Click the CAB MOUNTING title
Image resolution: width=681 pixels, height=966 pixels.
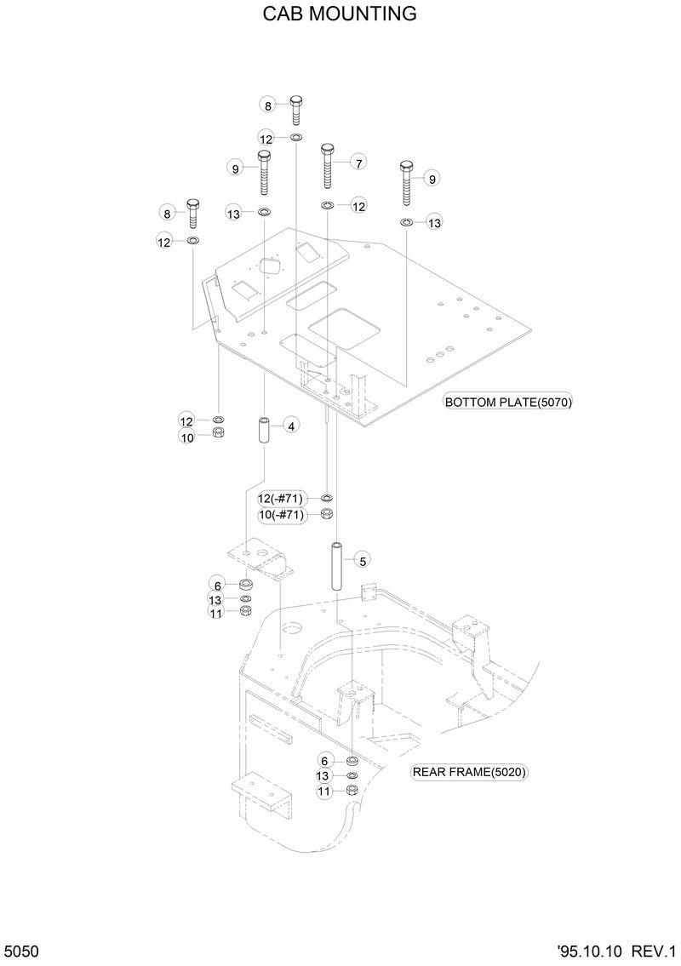pos(340,14)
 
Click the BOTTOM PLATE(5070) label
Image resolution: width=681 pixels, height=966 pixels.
pos(508,403)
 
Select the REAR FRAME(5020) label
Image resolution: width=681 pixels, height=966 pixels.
pos(469,773)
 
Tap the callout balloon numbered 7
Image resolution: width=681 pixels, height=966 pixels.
pos(358,163)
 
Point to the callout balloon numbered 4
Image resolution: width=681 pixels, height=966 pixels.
pos(290,426)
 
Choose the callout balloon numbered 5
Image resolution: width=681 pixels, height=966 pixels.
pos(362,560)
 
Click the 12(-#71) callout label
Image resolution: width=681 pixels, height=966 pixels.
pos(281,499)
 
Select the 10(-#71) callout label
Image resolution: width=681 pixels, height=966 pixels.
pos(281,515)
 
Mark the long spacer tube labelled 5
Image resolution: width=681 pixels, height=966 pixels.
pos(337,565)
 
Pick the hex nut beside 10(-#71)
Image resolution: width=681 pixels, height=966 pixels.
pos(328,514)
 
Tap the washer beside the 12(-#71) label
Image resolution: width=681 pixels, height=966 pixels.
pos(328,498)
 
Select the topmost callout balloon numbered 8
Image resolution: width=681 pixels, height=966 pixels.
pos(268,106)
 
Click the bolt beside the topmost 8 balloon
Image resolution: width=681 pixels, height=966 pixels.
pos(295,109)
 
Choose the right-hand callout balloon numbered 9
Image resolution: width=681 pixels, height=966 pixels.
pos(432,179)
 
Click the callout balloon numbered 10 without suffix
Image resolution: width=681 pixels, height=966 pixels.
pos(187,437)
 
